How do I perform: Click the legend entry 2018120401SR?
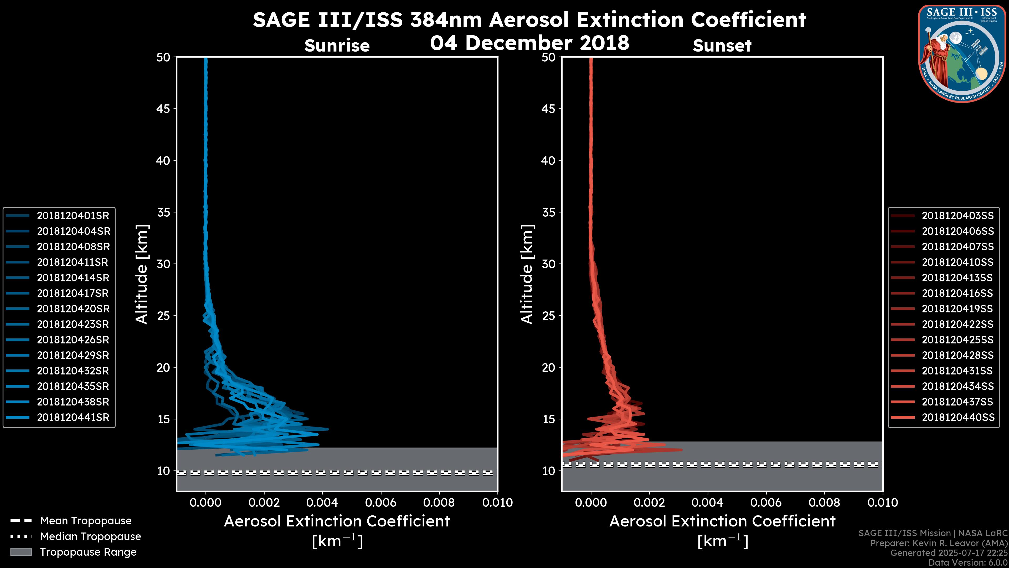(x=73, y=216)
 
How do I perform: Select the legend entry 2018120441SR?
(x=73, y=418)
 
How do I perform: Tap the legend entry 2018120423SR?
(x=73, y=324)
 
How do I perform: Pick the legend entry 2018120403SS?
(x=957, y=216)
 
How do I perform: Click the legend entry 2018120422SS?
(x=957, y=324)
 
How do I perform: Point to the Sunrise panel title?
(x=337, y=46)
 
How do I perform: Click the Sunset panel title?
(x=722, y=46)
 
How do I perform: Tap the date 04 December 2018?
(x=529, y=43)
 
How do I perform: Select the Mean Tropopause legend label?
(x=86, y=521)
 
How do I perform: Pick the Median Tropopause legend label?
(x=90, y=536)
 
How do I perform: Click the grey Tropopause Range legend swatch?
(x=21, y=552)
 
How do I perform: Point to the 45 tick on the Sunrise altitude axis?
(x=163, y=109)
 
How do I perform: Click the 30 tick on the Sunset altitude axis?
(x=549, y=264)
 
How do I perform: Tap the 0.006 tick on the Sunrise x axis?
(x=381, y=503)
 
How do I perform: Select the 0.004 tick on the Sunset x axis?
(x=707, y=503)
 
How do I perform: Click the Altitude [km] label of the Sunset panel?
(x=527, y=274)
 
